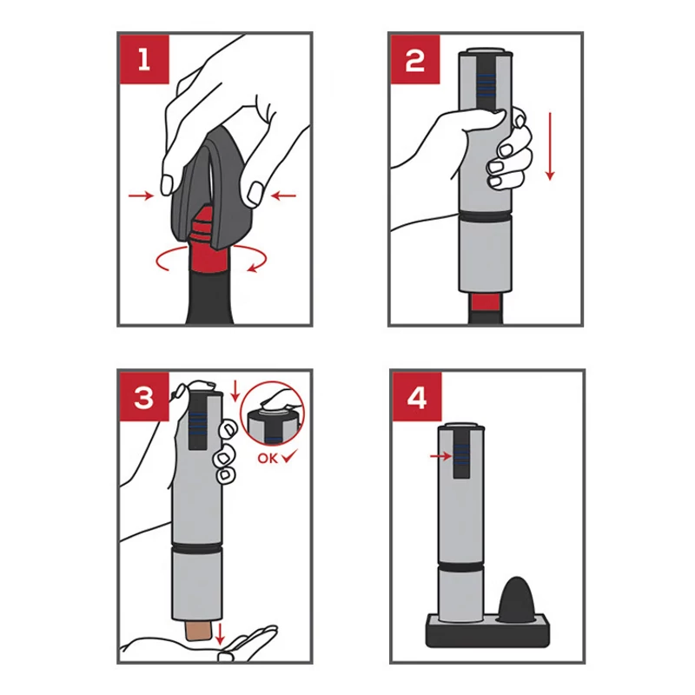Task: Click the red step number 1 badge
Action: [144, 59]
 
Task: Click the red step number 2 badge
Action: [415, 59]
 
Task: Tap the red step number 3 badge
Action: [144, 397]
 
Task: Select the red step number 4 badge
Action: [417, 397]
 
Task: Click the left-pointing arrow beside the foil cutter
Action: [283, 195]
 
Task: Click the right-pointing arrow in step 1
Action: [141, 195]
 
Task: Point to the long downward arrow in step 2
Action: [550, 146]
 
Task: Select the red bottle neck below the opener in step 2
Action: [486, 302]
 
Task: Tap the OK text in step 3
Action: [268, 459]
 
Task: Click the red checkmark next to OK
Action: [290, 456]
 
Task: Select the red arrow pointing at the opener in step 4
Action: [441, 455]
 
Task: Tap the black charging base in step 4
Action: [487, 632]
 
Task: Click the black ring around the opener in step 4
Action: [461, 567]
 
